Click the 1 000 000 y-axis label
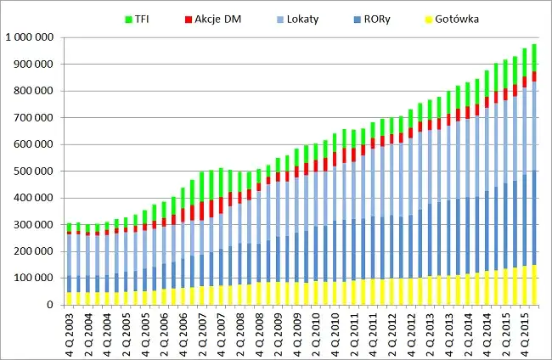29,37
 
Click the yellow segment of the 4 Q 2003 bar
70,298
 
